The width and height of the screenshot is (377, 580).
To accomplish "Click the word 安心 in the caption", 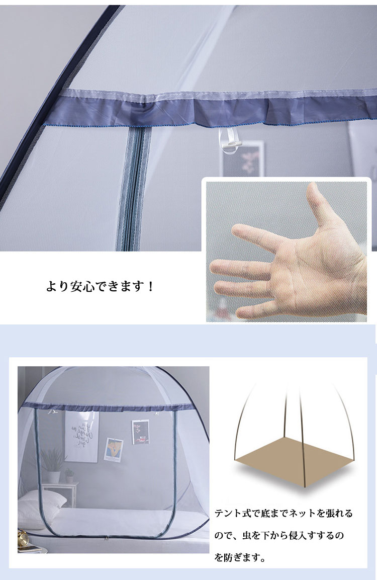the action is (x=82, y=286).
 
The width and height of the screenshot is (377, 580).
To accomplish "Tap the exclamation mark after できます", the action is (x=150, y=286).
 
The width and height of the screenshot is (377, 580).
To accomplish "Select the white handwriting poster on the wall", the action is (x=81, y=437).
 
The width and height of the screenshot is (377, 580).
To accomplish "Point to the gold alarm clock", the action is (x=24, y=536).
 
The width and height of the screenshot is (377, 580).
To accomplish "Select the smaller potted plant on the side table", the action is (x=69, y=476).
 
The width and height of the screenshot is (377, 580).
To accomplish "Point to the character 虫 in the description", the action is (x=246, y=535).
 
